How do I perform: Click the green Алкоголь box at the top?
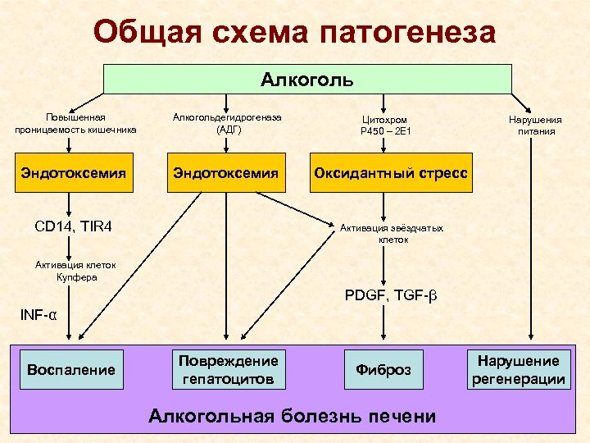tap(307, 80)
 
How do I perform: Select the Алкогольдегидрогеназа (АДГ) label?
tap(226, 124)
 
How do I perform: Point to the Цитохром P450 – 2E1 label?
tap(383, 125)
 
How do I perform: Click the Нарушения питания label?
tap(536, 125)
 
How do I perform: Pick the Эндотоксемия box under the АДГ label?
tap(226, 174)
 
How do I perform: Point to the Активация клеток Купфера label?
tap(75, 271)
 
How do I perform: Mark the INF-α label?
tap(39, 315)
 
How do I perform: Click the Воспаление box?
tap(71, 369)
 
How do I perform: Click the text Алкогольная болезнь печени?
tap(293, 415)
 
